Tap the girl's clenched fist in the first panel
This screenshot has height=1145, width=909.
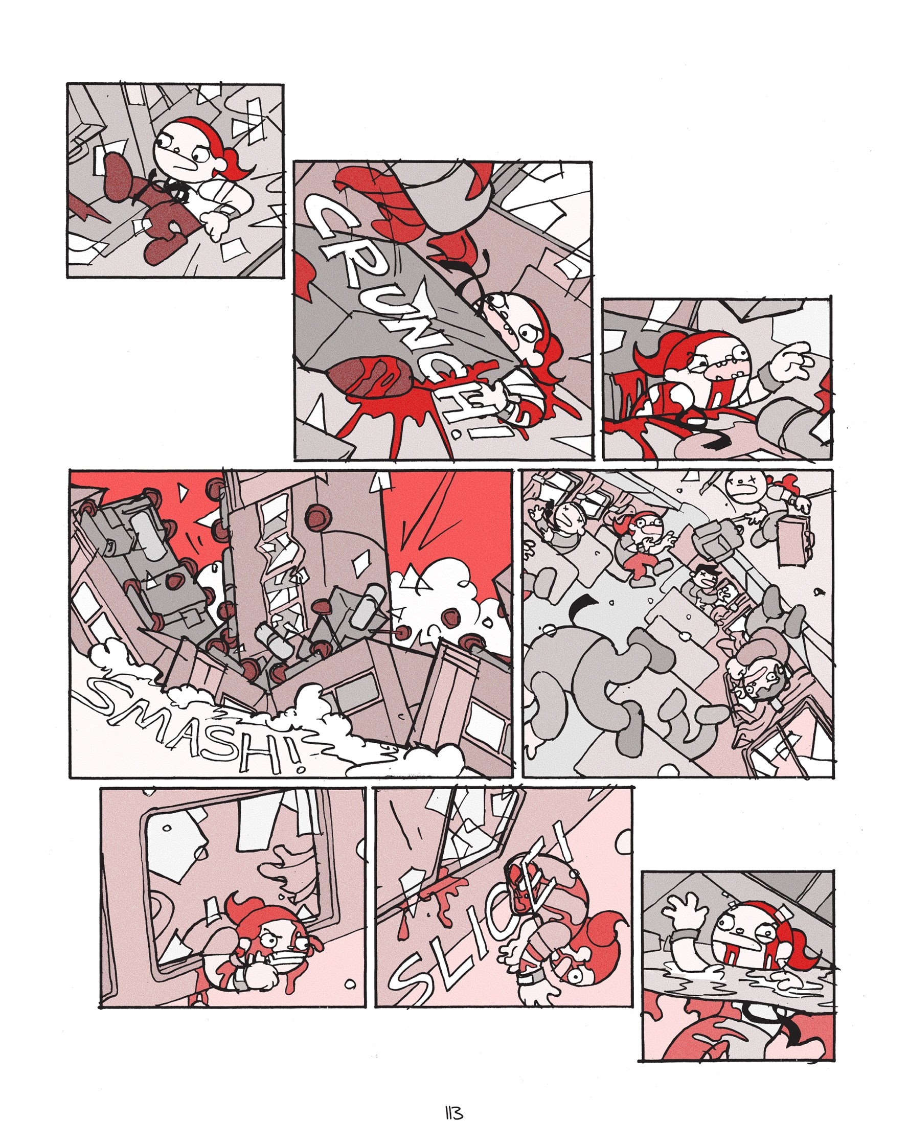click(217, 226)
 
